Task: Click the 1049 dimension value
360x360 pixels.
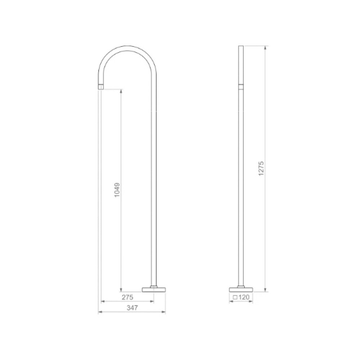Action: [117, 190]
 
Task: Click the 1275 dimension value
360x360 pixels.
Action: [261, 169]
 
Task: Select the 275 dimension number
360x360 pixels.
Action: [127, 297]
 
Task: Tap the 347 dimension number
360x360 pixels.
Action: [132, 308]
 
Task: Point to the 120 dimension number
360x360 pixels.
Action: [244, 297]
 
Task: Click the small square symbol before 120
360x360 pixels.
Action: [235, 298]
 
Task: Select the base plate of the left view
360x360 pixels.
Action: [154, 290]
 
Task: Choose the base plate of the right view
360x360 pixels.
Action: [241, 290]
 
